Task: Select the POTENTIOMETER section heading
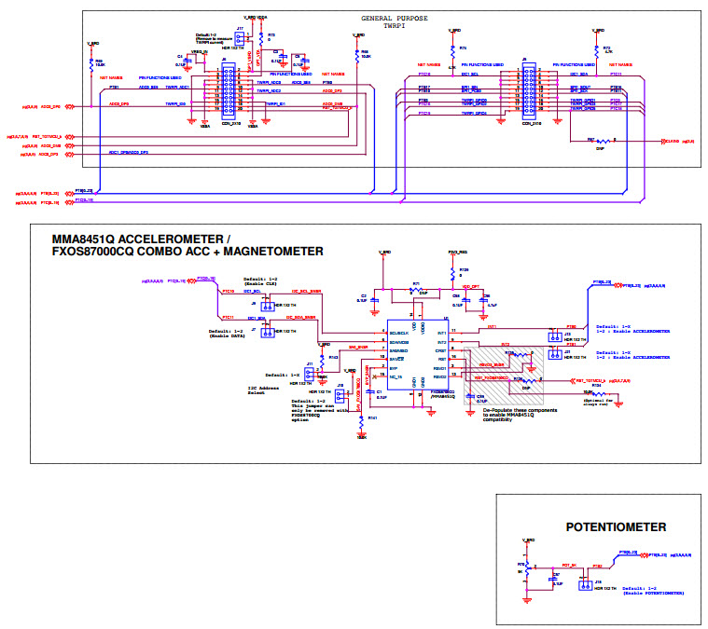(616, 527)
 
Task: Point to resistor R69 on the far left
(92, 63)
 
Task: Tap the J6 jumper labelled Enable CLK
(266, 305)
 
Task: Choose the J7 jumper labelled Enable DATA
(266, 331)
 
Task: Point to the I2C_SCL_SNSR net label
(310, 292)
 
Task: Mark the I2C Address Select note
(263, 390)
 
